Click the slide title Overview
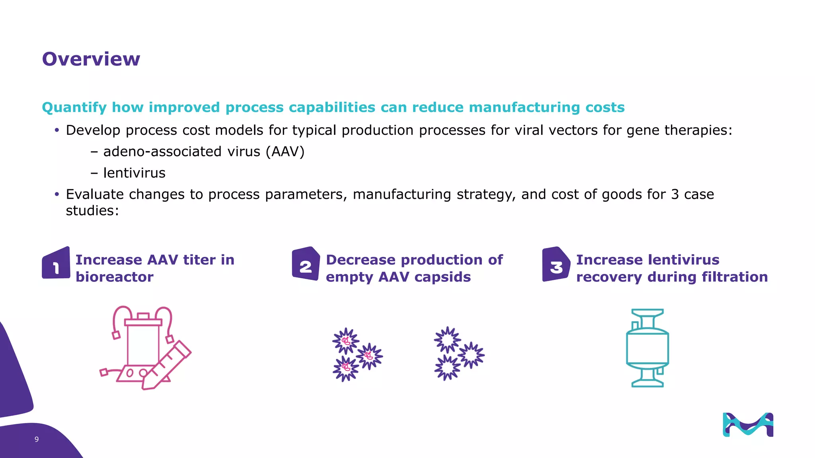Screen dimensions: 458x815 point(91,59)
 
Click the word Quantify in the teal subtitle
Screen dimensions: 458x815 point(74,107)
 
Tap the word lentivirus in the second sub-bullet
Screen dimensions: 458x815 point(134,173)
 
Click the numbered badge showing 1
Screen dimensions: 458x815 point(56,264)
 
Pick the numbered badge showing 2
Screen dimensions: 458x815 point(306,264)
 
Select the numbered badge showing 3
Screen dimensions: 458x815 point(556,264)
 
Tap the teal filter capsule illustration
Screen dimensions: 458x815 point(647,348)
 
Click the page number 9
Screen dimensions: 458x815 point(37,439)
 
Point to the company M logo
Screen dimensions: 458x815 point(748,425)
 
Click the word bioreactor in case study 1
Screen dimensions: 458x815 point(115,277)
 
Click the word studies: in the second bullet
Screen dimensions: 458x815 point(92,211)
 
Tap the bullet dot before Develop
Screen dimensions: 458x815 point(57,130)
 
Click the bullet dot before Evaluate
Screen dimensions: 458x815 point(57,194)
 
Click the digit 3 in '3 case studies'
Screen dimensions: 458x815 point(675,194)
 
